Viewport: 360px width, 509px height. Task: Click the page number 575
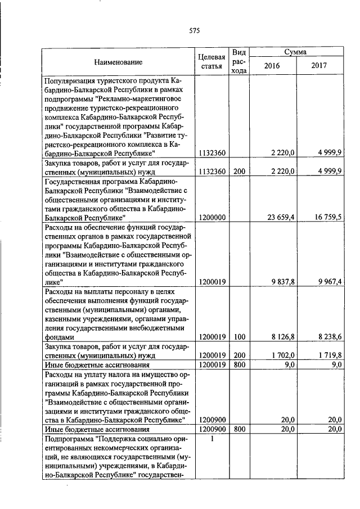tap(195, 30)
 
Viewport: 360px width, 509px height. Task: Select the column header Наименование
tap(118, 62)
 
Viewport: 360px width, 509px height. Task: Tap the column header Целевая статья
tap(212, 62)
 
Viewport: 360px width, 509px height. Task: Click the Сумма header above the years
tap(295, 52)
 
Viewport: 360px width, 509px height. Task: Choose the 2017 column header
tap(319, 66)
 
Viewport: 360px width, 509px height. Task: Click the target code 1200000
tap(212, 217)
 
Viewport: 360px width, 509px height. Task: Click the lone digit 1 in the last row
tap(212, 439)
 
